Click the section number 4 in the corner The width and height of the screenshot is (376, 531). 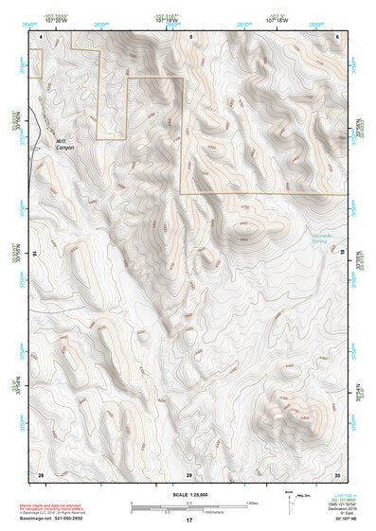pos(41,36)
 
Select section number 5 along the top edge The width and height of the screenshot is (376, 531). pos(189,36)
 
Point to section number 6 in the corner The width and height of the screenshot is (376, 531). pos(337,36)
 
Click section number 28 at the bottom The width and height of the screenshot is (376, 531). pos(41,472)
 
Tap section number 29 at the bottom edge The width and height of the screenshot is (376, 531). pos(189,472)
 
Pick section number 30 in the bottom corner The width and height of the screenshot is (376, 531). pos(337,472)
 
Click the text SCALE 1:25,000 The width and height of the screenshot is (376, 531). pos(188,494)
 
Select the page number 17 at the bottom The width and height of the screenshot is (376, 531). pos(189,520)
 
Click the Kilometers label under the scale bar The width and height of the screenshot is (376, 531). pos(203,511)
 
